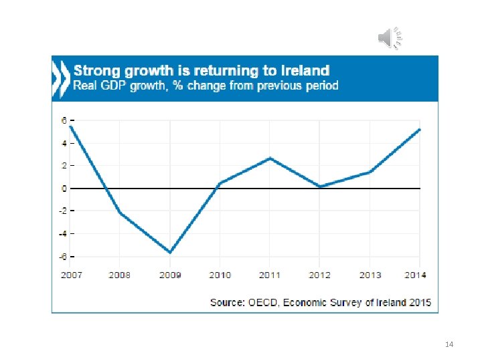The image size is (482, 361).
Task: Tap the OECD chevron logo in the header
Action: pos(61,78)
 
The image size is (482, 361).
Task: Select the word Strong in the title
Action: pos(95,70)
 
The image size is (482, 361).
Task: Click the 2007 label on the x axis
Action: pos(71,275)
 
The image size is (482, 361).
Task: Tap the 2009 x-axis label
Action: pos(170,275)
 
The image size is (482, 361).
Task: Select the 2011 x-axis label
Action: pos(270,275)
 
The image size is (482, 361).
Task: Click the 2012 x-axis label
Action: pos(319,275)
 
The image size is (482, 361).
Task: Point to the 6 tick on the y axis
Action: pos(64,120)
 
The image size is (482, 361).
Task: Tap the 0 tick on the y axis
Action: pos(64,189)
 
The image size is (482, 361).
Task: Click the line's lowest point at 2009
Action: pos(170,252)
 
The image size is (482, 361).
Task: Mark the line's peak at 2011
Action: pos(269,158)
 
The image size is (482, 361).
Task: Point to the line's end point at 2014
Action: pos(419,130)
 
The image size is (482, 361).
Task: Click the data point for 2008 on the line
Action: pos(120,213)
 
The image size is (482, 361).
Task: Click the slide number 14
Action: pos(449,344)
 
